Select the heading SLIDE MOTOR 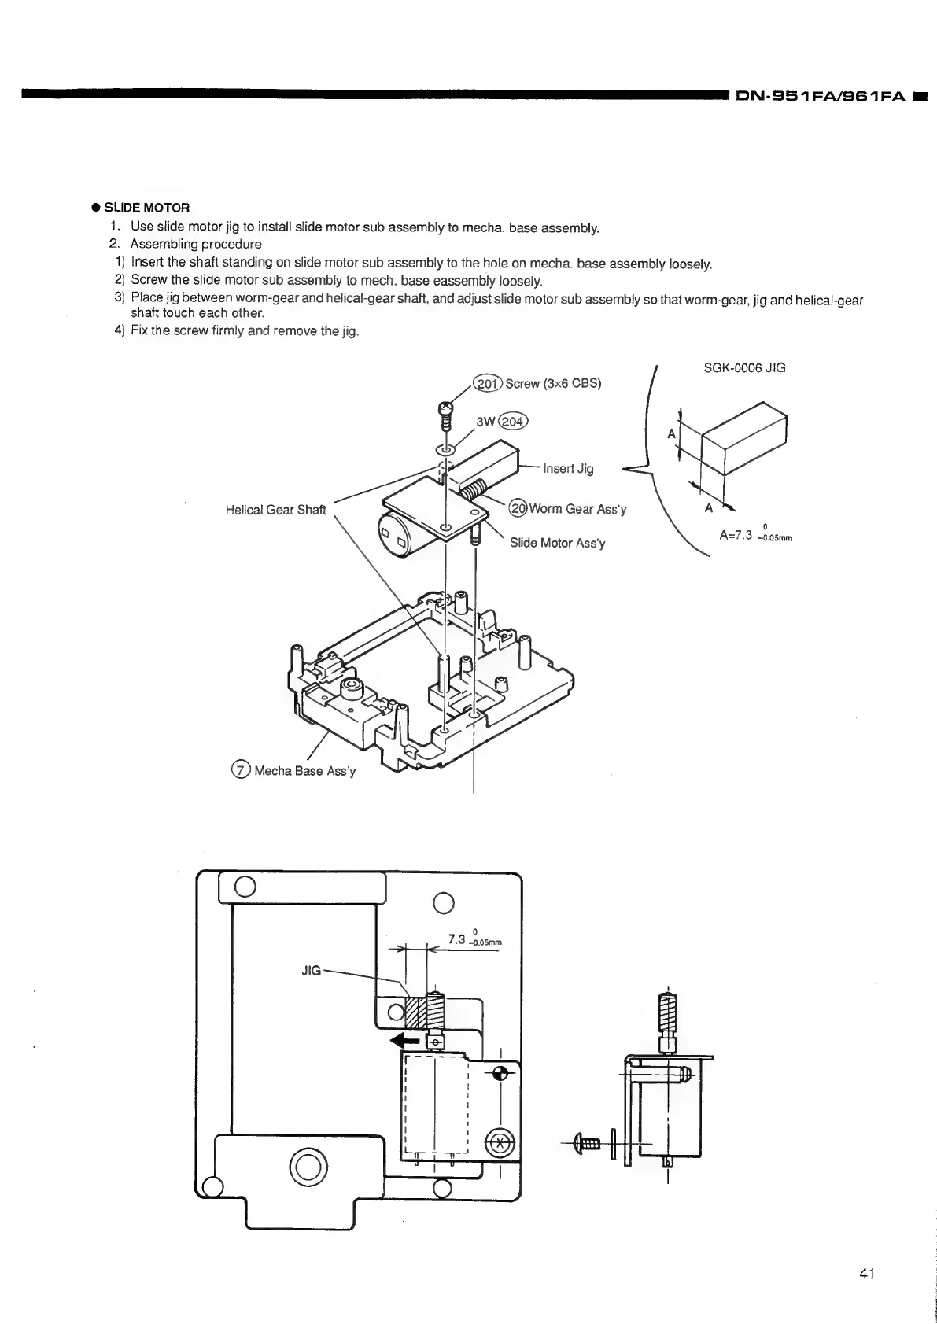(x=147, y=208)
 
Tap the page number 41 (x=867, y=1274)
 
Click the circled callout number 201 (x=487, y=383)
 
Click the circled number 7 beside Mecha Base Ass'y (x=241, y=769)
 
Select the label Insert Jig (x=567, y=469)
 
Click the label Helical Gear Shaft (x=275, y=510)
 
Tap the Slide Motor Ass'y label (x=557, y=543)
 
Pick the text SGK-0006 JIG (x=743, y=367)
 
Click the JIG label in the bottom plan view (x=312, y=971)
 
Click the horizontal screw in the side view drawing (x=588, y=1142)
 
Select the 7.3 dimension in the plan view (x=457, y=939)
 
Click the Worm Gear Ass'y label (x=577, y=509)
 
